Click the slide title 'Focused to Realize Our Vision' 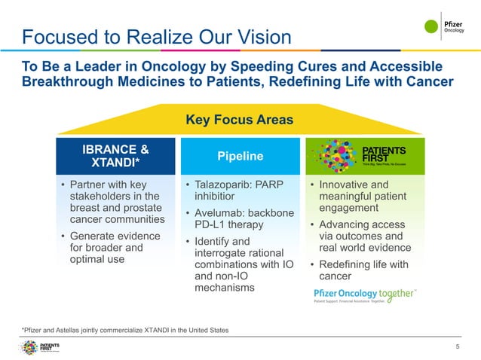coord(156,37)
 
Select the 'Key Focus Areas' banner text coord(239,120)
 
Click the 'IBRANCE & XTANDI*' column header coord(114,156)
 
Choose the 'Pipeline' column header coord(240,157)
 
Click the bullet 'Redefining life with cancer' coord(363,270)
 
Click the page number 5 coord(457,346)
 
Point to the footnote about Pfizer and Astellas coord(125,330)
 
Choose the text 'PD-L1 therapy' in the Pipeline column coord(229,224)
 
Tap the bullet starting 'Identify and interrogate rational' coord(235,264)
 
